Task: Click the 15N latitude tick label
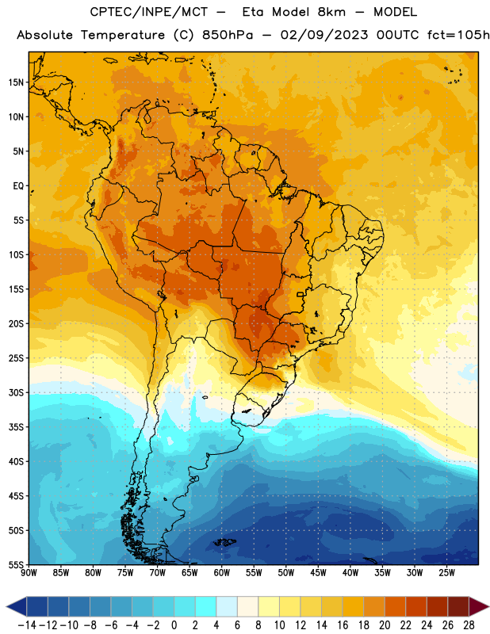(16, 82)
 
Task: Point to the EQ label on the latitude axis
(18, 186)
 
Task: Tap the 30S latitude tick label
(16, 392)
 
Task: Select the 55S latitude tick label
(16, 564)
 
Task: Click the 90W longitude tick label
(29, 573)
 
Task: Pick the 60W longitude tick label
(222, 573)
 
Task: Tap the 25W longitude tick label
(446, 573)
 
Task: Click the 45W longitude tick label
(318, 573)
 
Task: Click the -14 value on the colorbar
(27, 625)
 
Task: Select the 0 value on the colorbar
(174, 625)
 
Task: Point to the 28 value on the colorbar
(469, 625)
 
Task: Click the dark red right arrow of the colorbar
(478, 606)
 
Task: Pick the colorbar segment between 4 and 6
(227, 606)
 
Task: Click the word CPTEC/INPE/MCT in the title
(148, 12)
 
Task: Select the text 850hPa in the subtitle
(228, 35)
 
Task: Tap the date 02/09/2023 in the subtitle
(324, 35)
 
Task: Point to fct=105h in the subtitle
(458, 35)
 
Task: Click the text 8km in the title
(331, 12)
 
